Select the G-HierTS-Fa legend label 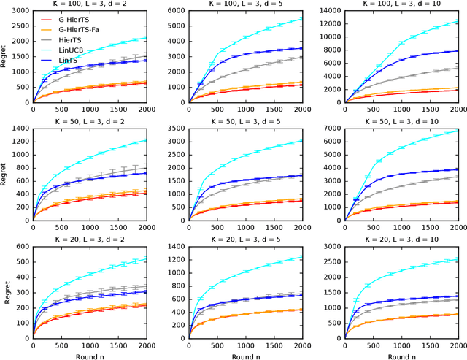pyautogui.click(x=79, y=28)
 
